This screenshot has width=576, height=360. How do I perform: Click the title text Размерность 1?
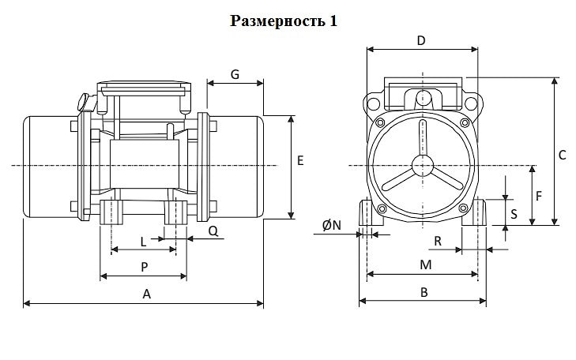coord(283,21)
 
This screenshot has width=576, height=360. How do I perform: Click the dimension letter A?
coord(147,294)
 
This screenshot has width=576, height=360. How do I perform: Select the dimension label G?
coord(235,74)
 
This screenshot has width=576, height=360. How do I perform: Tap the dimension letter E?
coord(300,161)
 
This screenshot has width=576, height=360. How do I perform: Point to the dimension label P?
coord(145,267)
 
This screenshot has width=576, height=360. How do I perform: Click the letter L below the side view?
coord(143,242)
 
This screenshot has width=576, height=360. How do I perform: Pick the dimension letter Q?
coord(213,231)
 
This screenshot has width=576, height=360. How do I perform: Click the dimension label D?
coord(421,40)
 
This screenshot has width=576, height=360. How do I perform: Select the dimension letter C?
coord(562,156)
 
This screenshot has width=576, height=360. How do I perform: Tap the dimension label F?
coord(539,197)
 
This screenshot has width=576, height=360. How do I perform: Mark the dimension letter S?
coord(514,214)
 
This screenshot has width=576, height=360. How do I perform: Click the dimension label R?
coord(438,241)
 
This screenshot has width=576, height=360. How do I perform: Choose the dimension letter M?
coord(425,264)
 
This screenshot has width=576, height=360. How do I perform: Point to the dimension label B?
coord(424,292)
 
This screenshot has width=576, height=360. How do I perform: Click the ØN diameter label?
coord(332,225)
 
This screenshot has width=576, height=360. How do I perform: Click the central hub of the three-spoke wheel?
coord(423,166)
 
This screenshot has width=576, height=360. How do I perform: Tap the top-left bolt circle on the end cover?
coord(380,122)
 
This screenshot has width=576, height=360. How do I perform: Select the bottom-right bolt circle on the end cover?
coord(464,208)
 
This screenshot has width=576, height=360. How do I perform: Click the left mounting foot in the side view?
coord(111,212)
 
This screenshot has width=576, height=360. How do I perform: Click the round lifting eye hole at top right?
coord(471,103)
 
